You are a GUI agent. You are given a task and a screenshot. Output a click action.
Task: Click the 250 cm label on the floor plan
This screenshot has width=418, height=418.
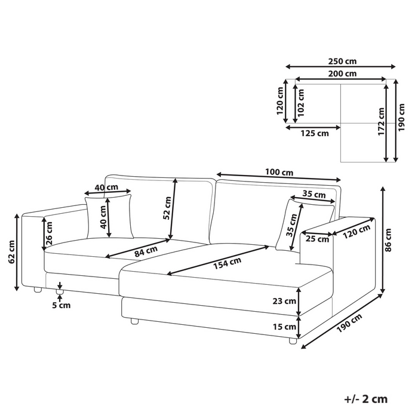pos(342,62)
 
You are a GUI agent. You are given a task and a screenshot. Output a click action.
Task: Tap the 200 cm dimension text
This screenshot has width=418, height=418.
pos(342,73)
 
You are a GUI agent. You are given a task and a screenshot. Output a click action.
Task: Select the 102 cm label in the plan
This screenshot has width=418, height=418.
pos(301,103)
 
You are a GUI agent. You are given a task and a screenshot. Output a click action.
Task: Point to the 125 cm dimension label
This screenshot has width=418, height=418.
pos(315,133)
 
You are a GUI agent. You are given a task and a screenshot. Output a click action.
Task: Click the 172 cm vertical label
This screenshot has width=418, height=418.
pos(382,122)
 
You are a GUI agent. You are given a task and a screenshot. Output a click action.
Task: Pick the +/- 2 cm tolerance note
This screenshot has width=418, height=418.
pos(365,399)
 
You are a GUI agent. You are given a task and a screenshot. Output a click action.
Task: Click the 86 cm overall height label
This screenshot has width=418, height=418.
pos(388,240)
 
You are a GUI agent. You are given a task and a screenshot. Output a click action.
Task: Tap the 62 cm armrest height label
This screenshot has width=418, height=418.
pos(12,252)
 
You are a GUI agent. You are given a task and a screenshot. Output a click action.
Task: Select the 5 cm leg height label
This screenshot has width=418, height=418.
pos(62,305)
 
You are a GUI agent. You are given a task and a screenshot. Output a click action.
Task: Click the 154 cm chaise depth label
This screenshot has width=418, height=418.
pos(227,263)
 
